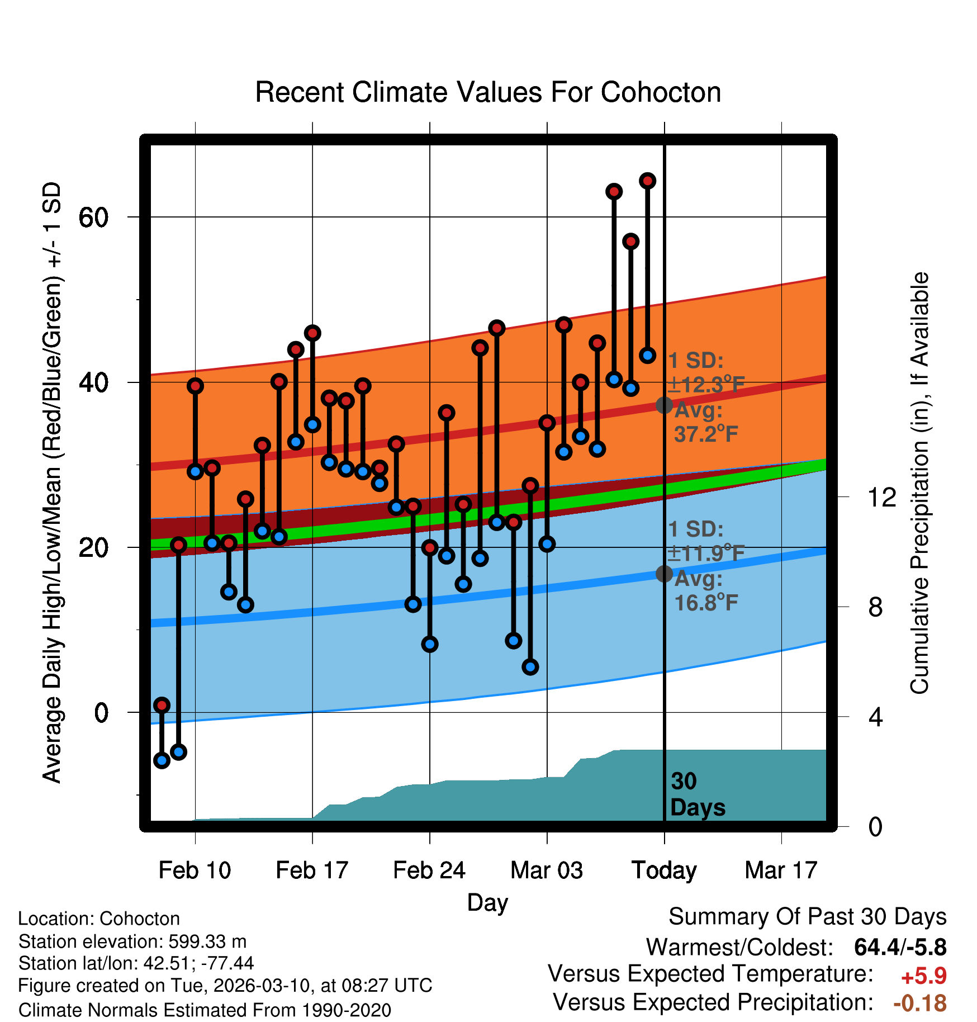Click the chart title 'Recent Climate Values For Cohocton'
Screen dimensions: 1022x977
[x=488, y=92]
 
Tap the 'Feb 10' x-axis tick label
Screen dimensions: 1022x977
[x=195, y=870]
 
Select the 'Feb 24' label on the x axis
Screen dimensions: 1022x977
[x=429, y=870]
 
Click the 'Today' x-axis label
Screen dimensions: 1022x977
[x=664, y=870]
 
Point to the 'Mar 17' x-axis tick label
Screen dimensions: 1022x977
[x=781, y=870]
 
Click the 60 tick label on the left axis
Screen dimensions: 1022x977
[x=93, y=217]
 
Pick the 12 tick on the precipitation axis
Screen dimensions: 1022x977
[x=881, y=497]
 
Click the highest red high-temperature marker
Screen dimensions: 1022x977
[x=647, y=181]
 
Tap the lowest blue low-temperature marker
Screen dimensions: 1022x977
[x=162, y=760]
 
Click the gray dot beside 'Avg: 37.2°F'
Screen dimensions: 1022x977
[x=664, y=405]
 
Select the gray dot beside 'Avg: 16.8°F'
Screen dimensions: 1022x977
[x=664, y=574]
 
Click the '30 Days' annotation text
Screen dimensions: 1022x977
[x=697, y=794]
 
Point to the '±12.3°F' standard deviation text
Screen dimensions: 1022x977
[x=706, y=385]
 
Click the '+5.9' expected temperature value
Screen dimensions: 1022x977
[x=923, y=976]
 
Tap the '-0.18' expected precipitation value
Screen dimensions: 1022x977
[x=920, y=1004]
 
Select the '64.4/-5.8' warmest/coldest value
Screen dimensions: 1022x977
[x=900, y=947]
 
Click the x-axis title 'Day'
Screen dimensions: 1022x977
[x=487, y=902]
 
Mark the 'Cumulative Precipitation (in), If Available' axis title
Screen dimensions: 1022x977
[x=919, y=483]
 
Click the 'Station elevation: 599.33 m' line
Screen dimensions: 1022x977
[x=132, y=941]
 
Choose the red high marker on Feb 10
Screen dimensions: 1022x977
[x=195, y=386]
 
